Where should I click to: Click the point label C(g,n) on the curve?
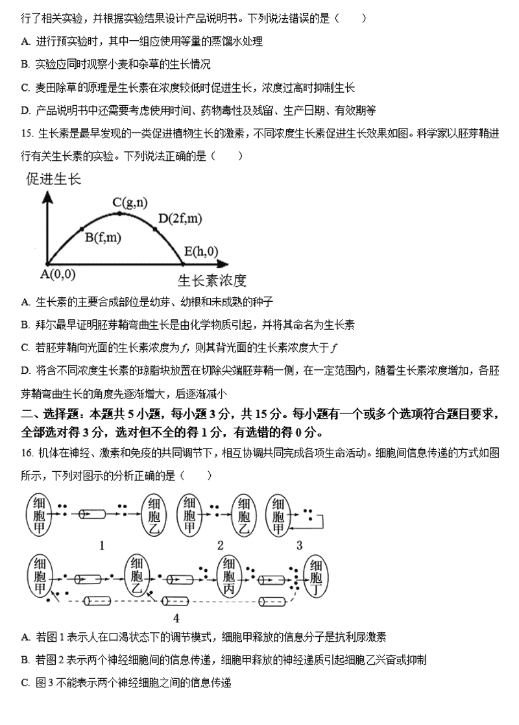pyautogui.click(x=130, y=203)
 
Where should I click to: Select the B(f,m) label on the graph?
pyautogui.click(x=103, y=238)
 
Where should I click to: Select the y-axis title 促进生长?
pyautogui.click(x=54, y=179)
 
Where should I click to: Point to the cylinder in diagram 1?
pyautogui.click(x=91, y=513)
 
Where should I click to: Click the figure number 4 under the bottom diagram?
pyautogui.click(x=176, y=618)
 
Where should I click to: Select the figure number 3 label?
pyautogui.click(x=299, y=545)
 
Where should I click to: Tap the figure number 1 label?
pyautogui.click(x=102, y=545)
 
